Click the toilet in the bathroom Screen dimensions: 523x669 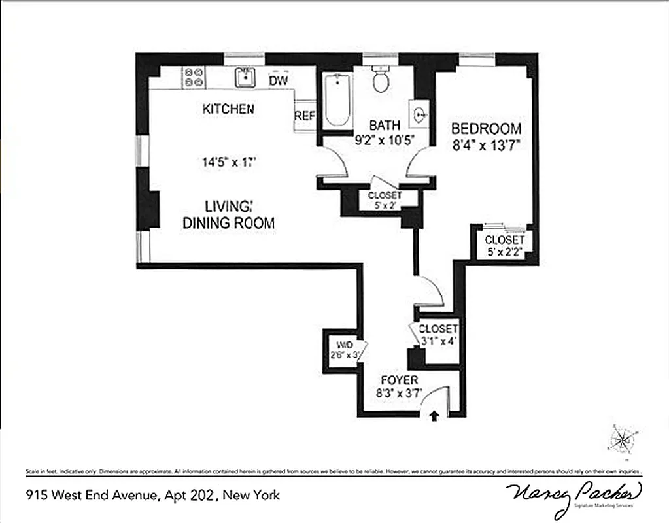click(x=380, y=80)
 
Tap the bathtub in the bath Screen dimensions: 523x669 click(x=337, y=99)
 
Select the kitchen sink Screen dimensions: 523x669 click(x=245, y=78)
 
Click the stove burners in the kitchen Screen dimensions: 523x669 click(x=194, y=78)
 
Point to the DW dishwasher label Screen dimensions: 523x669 click(x=279, y=80)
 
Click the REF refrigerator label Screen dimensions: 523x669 click(x=304, y=116)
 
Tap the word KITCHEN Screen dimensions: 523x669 click(x=228, y=109)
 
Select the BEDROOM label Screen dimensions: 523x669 click(x=486, y=129)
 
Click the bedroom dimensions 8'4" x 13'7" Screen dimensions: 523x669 click(x=486, y=145)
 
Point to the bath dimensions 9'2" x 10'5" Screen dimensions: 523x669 click(x=385, y=139)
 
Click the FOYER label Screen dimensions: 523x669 click(x=399, y=380)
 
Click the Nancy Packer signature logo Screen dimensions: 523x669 click(x=574, y=492)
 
